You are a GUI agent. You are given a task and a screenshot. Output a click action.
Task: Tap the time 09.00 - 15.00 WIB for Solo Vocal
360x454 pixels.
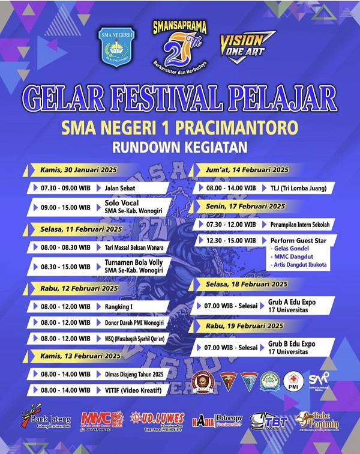[x=66, y=207]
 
